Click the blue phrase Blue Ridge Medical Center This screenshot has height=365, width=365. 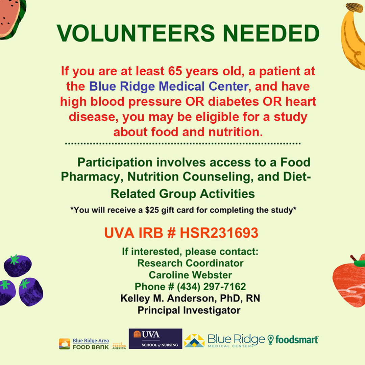tap(168, 87)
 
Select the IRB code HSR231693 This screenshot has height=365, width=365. tap(219, 233)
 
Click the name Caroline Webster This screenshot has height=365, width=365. tap(190, 275)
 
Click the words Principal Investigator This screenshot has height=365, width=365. tap(189, 310)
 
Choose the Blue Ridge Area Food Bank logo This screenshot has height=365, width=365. tap(84, 344)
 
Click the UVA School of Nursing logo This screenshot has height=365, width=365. tap(155, 339)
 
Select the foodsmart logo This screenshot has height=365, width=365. tap(293, 339)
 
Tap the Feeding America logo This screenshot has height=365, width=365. tap(119, 345)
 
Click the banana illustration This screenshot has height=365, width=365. tap(354, 37)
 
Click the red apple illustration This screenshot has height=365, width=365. tap(350, 281)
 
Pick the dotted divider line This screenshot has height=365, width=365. tap(182, 144)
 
